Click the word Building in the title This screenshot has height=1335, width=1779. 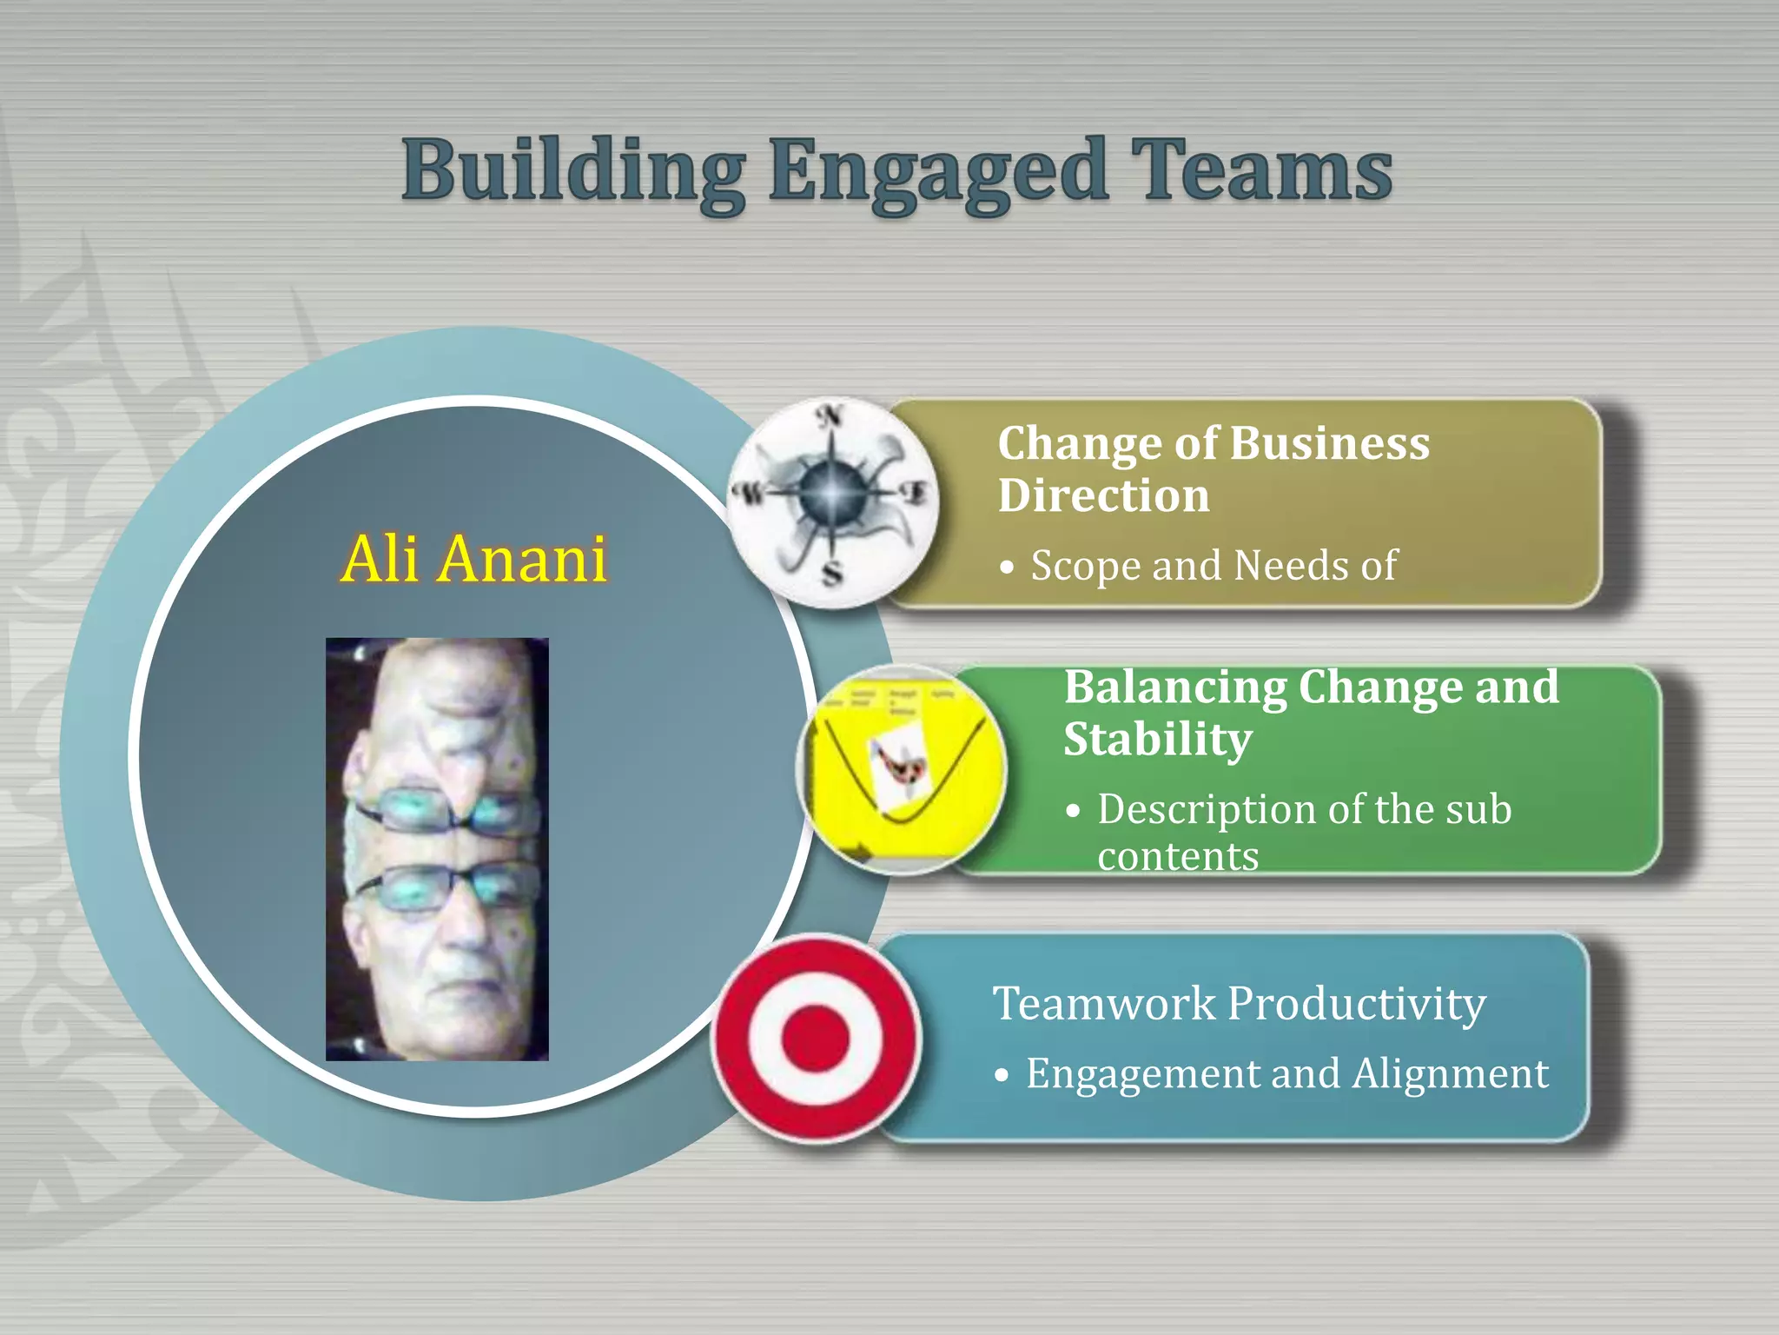(573, 171)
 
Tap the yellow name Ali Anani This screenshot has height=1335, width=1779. (474, 559)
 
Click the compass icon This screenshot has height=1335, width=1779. (832, 503)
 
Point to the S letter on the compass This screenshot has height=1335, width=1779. (833, 574)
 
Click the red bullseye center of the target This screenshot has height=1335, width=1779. (815, 1038)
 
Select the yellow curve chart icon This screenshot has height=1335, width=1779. (901, 769)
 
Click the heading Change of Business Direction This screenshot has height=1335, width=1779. (1213, 468)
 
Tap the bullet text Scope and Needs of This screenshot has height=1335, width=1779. (1213, 566)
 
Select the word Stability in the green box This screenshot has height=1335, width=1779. (1157, 740)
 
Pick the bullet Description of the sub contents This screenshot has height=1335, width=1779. (1303, 831)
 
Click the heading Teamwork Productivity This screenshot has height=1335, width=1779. (1239, 1003)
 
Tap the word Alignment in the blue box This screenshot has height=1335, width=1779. (1450, 1073)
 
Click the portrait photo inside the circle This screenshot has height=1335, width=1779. (437, 849)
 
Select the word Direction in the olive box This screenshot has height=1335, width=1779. (1103, 496)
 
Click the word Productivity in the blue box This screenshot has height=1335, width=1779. (1356, 1004)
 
